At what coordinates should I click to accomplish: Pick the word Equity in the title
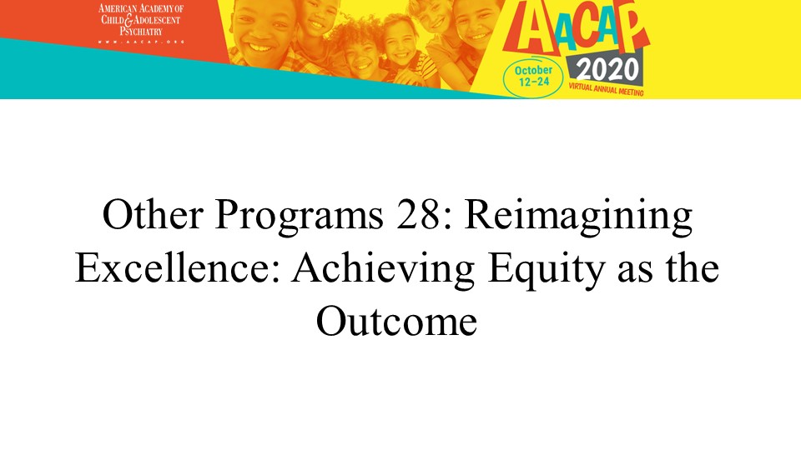tap(547, 270)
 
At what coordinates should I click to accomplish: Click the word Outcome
tap(397, 322)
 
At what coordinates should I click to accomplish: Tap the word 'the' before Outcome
tap(693, 267)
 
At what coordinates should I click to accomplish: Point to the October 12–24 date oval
tap(533, 77)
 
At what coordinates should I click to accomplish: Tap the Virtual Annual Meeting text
tap(607, 90)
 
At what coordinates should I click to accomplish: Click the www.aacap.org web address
tap(140, 42)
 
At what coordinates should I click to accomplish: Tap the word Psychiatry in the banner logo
tap(141, 31)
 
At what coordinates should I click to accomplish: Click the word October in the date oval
tap(533, 70)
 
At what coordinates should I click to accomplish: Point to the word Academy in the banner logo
tap(151, 8)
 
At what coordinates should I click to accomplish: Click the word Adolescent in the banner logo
tap(157, 20)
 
